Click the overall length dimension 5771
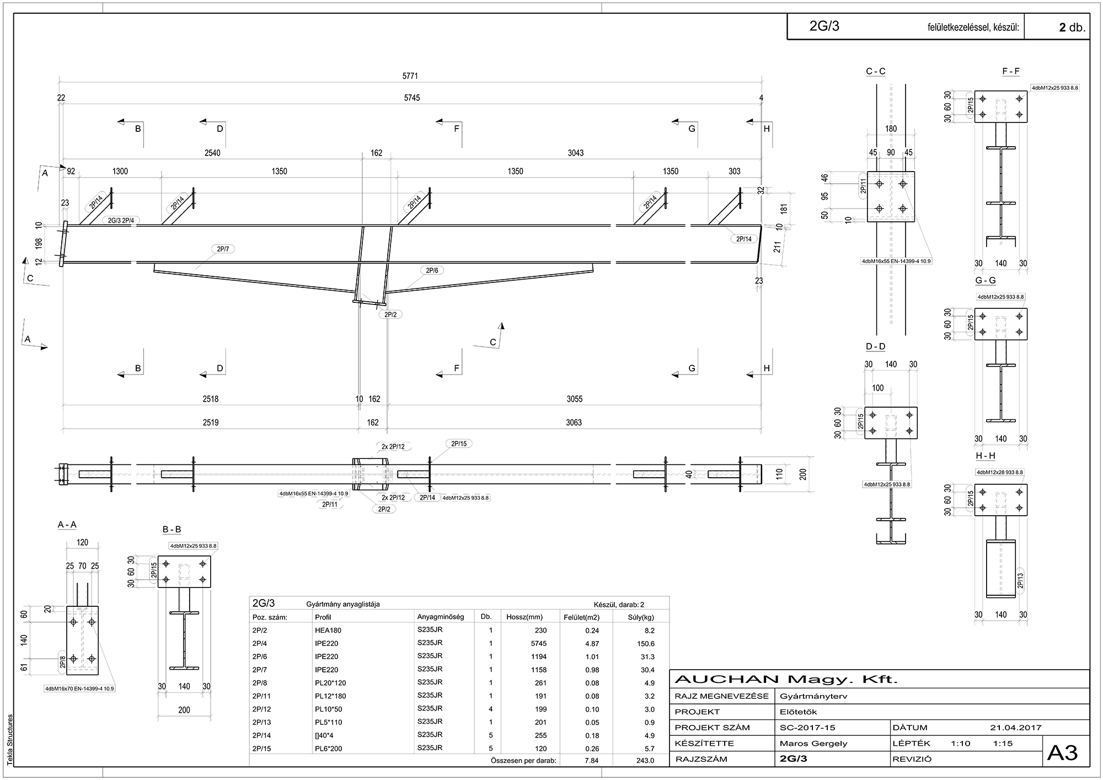coord(410,76)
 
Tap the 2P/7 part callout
coord(223,249)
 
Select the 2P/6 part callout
coord(432,270)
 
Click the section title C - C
coord(876,71)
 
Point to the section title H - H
coord(986,456)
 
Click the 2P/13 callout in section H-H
coord(1020,581)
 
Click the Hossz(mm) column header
coord(524,617)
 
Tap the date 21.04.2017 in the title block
coord(1016,728)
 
